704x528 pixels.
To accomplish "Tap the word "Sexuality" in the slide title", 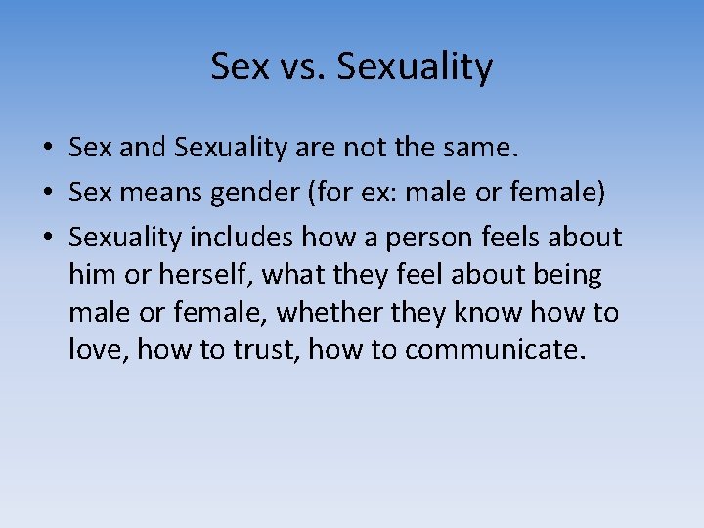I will (414, 67).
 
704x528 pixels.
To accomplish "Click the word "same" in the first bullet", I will (480, 149).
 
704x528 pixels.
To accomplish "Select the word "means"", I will (158, 194).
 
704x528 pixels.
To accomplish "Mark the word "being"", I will (567, 276).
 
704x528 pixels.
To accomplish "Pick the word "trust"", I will (264, 349).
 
